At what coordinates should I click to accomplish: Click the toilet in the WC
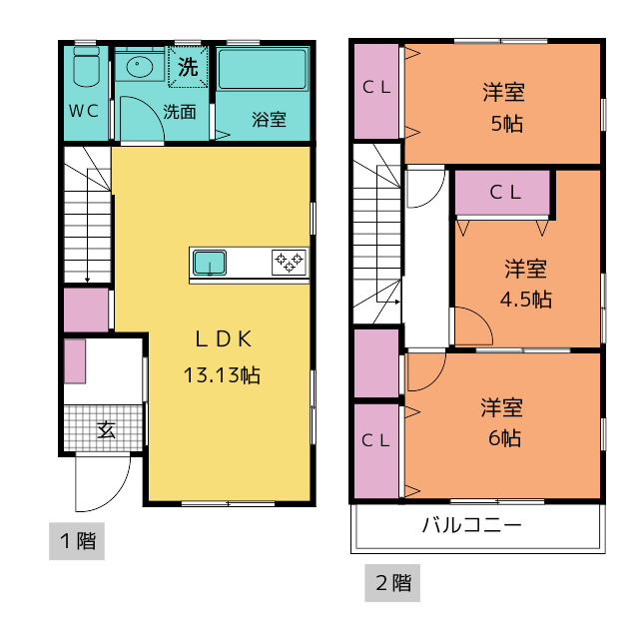click(x=87, y=67)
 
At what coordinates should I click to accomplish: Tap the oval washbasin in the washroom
click(x=140, y=67)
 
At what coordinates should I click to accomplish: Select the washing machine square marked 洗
click(x=188, y=67)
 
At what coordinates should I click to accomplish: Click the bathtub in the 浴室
click(x=263, y=69)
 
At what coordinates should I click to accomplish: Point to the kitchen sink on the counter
click(x=210, y=263)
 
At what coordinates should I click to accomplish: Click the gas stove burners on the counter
click(x=289, y=262)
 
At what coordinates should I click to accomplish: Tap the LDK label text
click(x=224, y=339)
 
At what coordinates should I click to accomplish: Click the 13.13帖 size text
click(x=222, y=375)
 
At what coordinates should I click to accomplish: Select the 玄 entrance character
click(x=107, y=429)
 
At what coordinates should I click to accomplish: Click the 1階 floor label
click(x=78, y=541)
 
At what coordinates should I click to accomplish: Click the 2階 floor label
click(x=393, y=583)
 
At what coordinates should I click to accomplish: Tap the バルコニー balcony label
click(x=472, y=525)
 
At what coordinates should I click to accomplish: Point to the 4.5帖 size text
click(x=526, y=300)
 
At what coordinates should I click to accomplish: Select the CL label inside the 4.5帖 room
click(x=505, y=193)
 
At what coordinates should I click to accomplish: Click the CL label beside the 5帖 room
click(x=376, y=87)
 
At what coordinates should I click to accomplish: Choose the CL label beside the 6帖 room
click(x=375, y=440)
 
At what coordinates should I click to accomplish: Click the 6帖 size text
click(x=504, y=438)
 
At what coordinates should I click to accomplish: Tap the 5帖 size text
click(x=506, y=123)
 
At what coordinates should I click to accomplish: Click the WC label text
click(x=84, y=111)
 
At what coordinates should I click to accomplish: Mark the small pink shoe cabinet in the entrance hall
click(x=75, y=361)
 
